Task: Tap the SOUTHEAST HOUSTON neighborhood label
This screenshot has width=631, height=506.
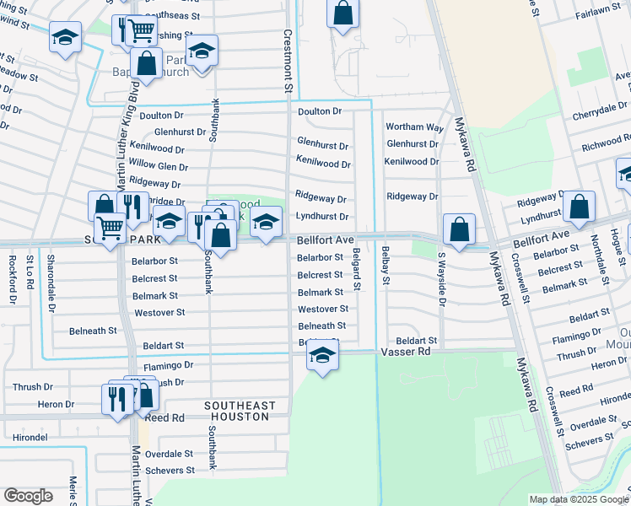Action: coord(240,412)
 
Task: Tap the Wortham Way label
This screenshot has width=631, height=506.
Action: coord(414,126)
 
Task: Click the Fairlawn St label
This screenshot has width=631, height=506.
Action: coord(597,15)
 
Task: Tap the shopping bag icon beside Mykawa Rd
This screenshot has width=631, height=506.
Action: coord(458,229)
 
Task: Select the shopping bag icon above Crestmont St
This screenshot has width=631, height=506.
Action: coord(343,13)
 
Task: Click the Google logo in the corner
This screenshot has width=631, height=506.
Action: coord(29,495)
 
